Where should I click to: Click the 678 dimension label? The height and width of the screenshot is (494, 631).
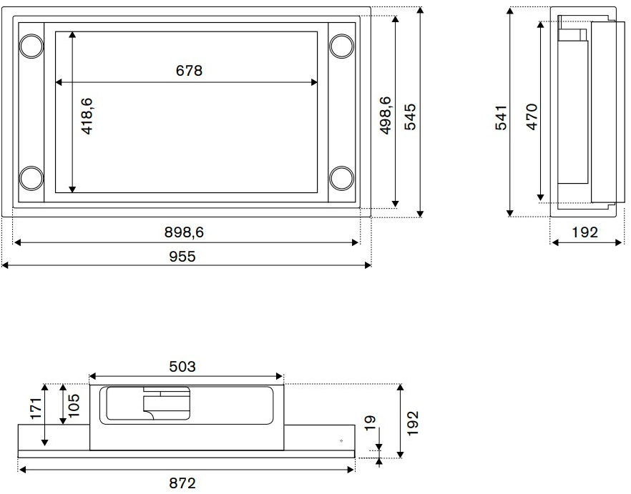coord(189,70)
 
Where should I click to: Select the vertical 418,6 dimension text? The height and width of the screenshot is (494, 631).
coord(87,117)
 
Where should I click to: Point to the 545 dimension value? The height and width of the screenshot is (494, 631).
coord(410,117)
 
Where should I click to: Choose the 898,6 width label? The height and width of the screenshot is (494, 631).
coord(185,232)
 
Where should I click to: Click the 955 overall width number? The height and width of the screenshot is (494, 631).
coord(182,256)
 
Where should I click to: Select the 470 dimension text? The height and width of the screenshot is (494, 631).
coord(531,117)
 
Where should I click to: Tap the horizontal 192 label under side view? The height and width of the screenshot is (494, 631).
coord(584,232)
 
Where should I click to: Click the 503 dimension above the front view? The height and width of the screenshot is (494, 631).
coord(182,366)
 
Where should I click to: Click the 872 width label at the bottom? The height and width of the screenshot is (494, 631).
coord(182,483)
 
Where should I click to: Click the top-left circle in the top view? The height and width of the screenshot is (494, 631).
coord(31,46)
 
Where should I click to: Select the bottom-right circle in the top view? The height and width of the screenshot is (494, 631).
coord(341,177)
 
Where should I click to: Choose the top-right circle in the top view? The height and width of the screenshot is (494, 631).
coord(341,46)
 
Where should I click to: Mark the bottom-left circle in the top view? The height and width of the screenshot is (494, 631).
coord(31,177)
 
